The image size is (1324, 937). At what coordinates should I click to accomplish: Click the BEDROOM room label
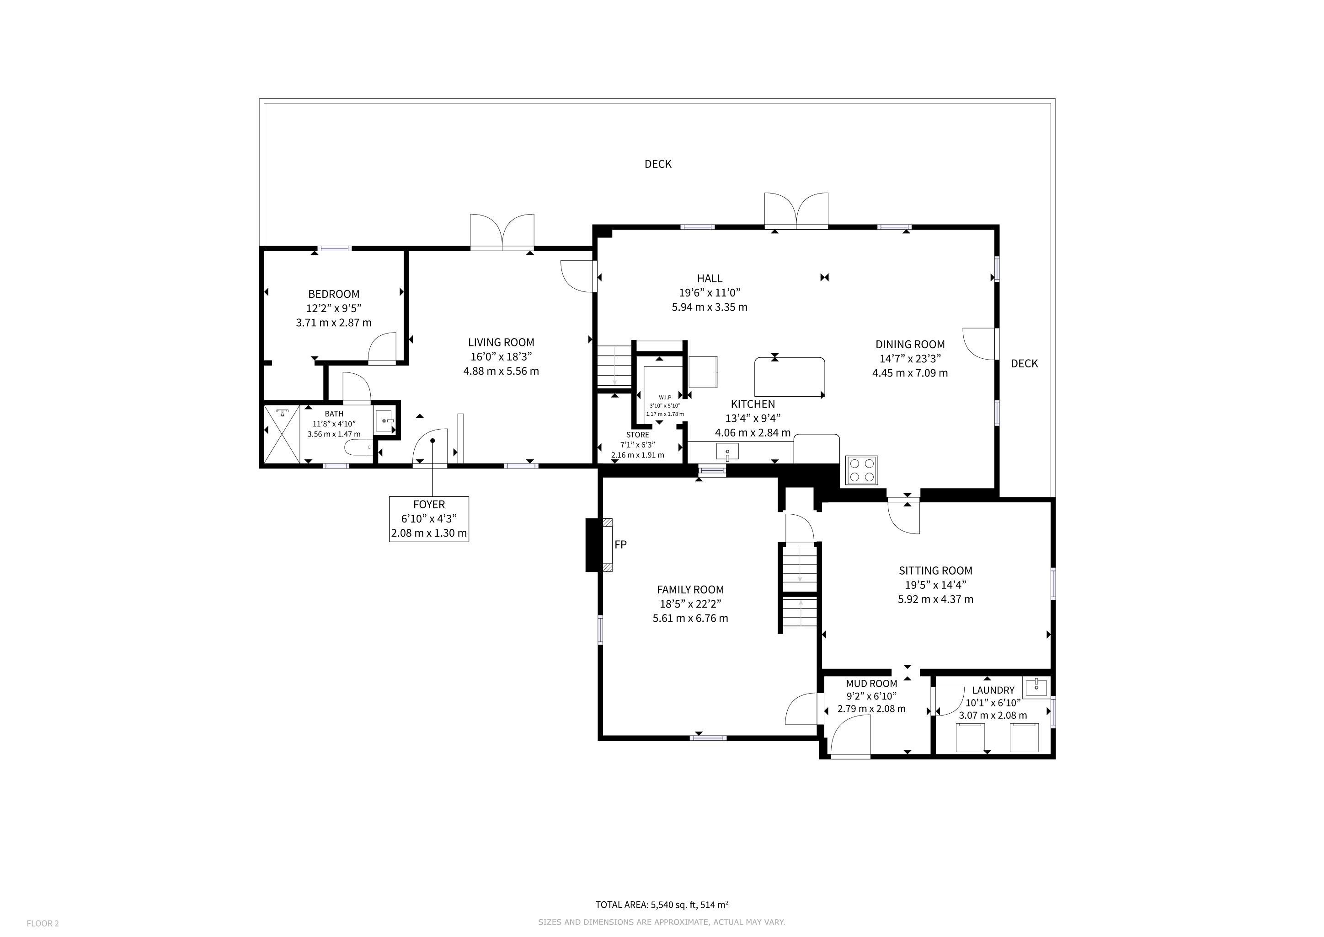coord(333,294)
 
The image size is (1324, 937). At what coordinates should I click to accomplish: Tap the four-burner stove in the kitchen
coord(861,470)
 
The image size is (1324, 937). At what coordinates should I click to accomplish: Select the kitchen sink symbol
coord(727,451)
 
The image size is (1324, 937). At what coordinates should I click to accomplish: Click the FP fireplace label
coord(620,544)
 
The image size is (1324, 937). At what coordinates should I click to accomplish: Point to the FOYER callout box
coord(429,519)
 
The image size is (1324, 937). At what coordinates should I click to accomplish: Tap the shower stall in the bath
coord(282,434)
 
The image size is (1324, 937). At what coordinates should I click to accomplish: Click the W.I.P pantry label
coord(665,397)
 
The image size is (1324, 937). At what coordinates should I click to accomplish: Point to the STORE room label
coord(638,435)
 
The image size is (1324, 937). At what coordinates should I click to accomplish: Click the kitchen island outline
coord(790,377)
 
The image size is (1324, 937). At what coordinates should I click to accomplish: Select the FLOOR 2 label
coord(43,923)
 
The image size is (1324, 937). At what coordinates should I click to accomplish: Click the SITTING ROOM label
coord(935,571)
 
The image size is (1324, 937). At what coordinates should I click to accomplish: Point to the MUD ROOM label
coord(871,684)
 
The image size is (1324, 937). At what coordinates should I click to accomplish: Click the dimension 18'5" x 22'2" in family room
coord(690,604)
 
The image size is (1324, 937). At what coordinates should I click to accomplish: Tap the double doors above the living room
coord(502,232)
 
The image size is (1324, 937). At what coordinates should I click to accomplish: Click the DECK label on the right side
coord(1024,363)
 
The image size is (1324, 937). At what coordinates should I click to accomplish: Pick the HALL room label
coord(709,279)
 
